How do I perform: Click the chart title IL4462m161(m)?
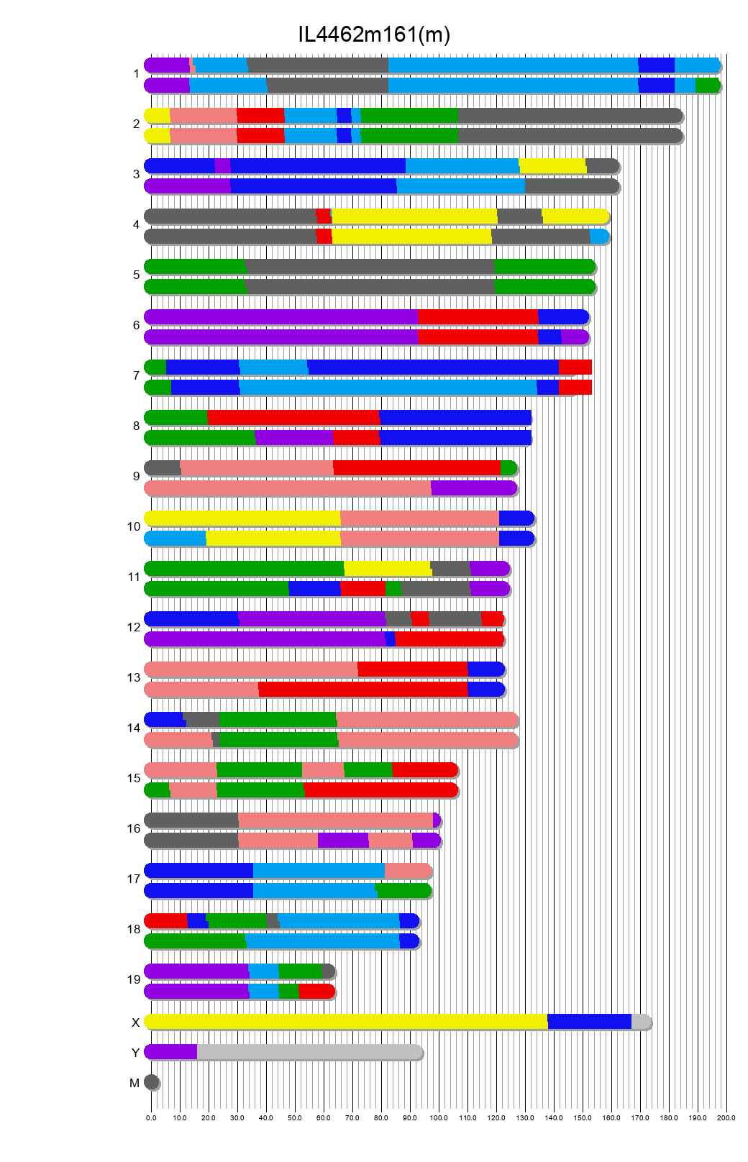(374, 35)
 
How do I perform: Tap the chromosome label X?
(135, 1023)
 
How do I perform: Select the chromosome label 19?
(134, 979)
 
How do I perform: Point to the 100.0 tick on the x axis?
(439, 1117)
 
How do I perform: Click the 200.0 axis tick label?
(726, 1117)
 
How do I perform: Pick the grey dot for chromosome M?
(151, 1082)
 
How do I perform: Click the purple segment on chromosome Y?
(170, 1052)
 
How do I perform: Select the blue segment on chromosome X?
(589, 1022)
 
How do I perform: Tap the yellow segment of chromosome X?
(345, 1022)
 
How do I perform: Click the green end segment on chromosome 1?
(707, 86)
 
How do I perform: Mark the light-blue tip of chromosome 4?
(599, 237)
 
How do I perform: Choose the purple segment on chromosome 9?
(473, 488)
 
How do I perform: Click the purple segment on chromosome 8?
(293, 438)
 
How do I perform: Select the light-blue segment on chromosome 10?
(175, 539)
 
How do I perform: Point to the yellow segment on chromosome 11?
(387, 569)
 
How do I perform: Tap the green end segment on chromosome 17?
(403, 891)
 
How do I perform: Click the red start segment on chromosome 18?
(165, 921)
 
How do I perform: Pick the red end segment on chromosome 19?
(316, 992)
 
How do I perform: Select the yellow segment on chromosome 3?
(552, 166)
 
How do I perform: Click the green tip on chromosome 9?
(508, 468)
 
